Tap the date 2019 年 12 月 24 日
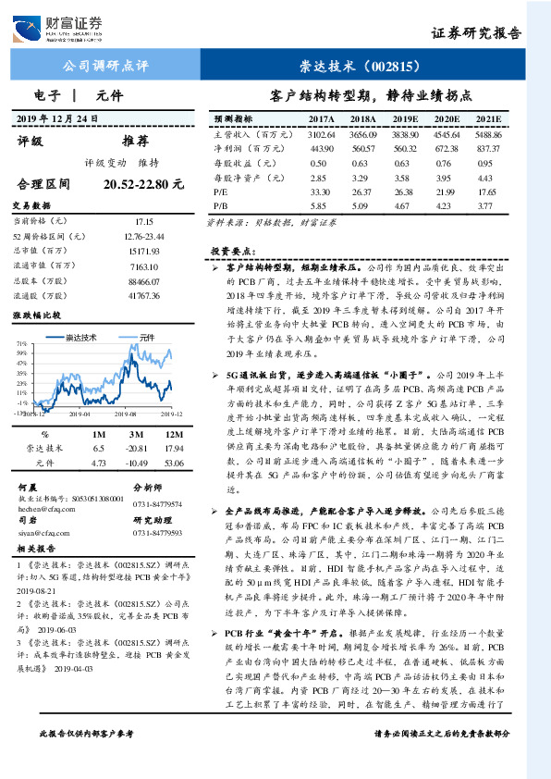click(70, 120)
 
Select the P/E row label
click(221, 190)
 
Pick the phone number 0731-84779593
click(157, 533)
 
